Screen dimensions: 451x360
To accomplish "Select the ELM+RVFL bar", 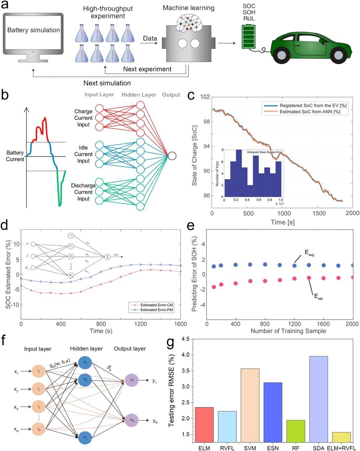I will [341, 437].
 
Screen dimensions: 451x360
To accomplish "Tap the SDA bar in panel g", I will [318, 399].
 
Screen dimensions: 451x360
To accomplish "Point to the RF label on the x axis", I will [296, 448].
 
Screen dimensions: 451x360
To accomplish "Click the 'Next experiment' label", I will [147, 69].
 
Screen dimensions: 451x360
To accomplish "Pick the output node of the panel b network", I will [172, 156].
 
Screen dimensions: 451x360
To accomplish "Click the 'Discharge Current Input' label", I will [83, 192].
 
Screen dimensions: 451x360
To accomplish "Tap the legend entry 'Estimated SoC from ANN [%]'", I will [310, 112].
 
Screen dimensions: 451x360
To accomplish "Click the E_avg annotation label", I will [309, 253].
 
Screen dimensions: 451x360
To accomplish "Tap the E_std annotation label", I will [318, 296].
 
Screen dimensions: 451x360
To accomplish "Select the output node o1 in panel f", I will [132, 381].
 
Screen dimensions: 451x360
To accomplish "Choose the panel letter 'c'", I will [191, 95].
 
